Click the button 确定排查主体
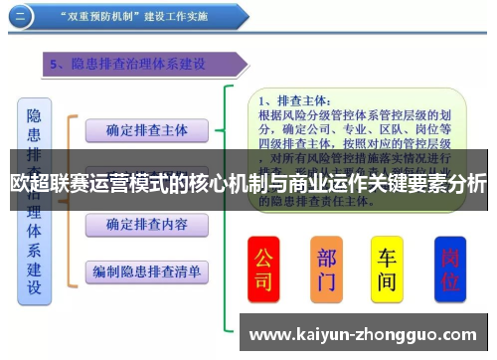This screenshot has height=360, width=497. point(146,129)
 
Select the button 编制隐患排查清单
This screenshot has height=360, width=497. point(146,270)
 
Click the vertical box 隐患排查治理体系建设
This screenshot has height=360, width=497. point(34,200)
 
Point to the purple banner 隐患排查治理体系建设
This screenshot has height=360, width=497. point(149,65)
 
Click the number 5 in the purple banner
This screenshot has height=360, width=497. point(56,65)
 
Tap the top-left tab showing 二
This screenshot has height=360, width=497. point(22,17)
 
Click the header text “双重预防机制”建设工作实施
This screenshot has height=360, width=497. point(138,17)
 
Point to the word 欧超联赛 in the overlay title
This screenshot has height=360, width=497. point(41,183)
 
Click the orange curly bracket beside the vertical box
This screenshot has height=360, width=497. point(70,199)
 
